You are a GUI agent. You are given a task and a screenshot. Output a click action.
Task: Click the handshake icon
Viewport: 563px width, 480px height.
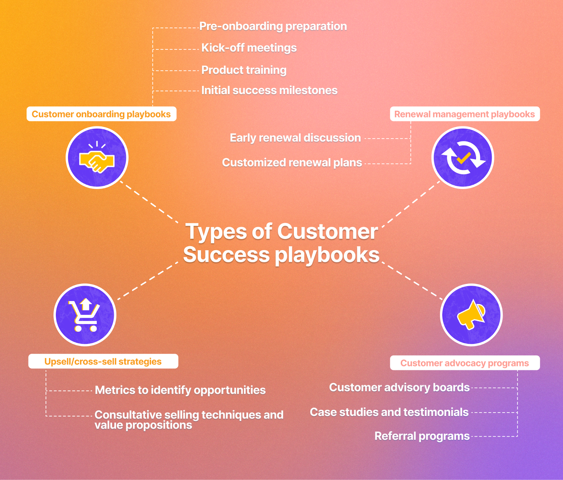[97, 158]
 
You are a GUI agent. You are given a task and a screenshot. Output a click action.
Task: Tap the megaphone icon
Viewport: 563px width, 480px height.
[471, 315]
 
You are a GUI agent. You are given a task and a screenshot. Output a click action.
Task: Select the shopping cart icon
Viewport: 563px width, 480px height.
[85, 315]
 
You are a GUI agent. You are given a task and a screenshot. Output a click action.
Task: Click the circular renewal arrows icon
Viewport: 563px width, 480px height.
[463, 158]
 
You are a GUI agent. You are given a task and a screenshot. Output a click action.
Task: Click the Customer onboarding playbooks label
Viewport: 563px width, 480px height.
[101, 114]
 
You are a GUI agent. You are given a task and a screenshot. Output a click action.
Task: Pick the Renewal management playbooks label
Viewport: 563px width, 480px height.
[464, 114]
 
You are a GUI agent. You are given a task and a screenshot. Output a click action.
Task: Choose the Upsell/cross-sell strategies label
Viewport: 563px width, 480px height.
[103, 361]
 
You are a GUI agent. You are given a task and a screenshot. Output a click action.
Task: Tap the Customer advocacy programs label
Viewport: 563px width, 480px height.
[464, 363]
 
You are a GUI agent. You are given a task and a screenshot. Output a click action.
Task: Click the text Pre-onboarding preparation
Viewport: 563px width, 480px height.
[273, 26]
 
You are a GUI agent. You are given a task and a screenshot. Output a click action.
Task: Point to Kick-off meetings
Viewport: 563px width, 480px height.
[249, 48]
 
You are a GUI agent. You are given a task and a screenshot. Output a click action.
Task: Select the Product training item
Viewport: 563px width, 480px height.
[244, 70]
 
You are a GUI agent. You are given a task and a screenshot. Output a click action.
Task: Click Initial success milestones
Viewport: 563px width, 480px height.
[269, 90]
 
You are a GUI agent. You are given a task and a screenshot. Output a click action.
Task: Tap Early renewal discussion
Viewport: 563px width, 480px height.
[295, 138]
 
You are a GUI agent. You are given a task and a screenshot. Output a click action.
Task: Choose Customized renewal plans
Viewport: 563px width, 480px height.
[292, 162]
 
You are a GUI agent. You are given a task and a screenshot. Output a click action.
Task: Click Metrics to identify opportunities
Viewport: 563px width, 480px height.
[180, 390]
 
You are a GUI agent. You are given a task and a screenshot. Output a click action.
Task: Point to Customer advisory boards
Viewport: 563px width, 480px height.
[399, 388]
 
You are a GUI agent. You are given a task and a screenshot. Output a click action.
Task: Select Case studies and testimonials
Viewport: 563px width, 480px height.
[389, 412]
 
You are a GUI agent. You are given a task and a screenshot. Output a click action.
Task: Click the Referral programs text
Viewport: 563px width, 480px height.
[422, 436]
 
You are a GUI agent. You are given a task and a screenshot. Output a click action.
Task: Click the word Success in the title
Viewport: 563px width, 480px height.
[226, 255]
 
